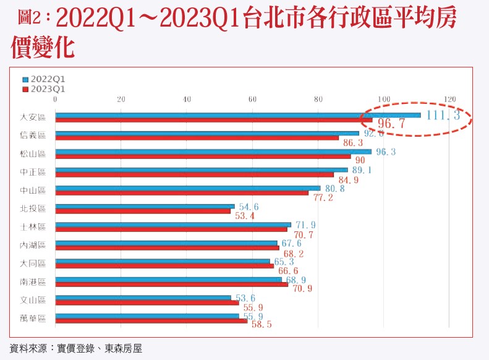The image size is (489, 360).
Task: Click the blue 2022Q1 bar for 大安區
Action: [238, 115]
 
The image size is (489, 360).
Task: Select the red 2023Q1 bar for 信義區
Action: [197, 138]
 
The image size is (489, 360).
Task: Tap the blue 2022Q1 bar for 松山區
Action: [213, 152]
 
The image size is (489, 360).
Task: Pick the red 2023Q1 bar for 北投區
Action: [143, 211]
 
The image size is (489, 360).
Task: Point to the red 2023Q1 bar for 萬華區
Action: [151, 320]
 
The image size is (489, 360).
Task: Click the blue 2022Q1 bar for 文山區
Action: [143, 298]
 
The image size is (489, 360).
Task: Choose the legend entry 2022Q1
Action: [43, 80]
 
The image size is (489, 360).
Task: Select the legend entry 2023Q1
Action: [43, 89]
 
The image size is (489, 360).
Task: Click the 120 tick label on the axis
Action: [449, 99]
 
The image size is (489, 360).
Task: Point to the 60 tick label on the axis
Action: [252, 99]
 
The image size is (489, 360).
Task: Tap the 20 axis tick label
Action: [121, 99]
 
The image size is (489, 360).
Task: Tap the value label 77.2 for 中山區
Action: [324, 198]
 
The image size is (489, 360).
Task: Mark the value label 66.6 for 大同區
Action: [288, 272]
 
